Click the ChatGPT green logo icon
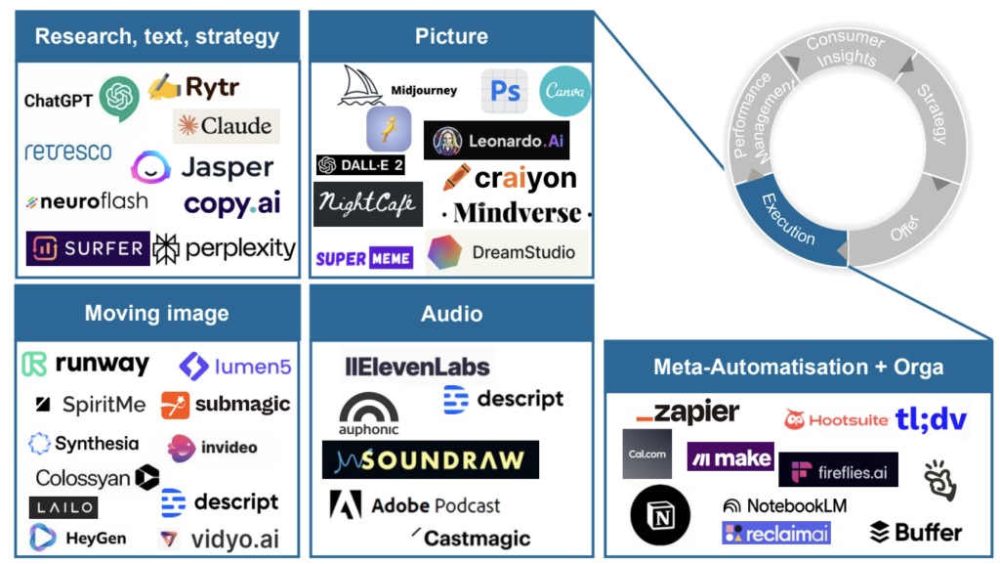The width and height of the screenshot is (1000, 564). coord(119,98)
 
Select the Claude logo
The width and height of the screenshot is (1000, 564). coord(227,126)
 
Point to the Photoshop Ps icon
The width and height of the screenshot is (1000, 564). coord(504,91)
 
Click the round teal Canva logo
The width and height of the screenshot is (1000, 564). coord(564,91)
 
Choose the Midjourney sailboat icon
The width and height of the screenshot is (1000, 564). coord(360,86)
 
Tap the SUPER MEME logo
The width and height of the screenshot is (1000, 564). coord(364,258)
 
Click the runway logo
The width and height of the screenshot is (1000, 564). coord(86,365)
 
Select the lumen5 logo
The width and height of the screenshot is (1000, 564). coord(235,367)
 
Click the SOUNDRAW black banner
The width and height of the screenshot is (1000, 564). coord(430,459)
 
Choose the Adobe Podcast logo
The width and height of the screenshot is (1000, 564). coord(415,505)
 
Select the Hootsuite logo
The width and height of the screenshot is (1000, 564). coord(836,419)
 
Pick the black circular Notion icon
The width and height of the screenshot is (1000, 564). coord(660,515)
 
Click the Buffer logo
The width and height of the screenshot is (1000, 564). coord(915,532)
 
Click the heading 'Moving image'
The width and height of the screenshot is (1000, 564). coord(156,313)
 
